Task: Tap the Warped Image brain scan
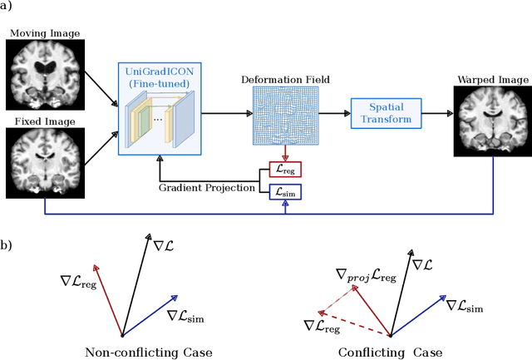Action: (x=491, y=121)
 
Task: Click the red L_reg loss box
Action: (x=286, y=170)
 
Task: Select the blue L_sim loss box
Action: (x=286, y=192)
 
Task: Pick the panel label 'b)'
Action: (x=11, y=245)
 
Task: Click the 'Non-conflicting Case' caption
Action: (x=149, y=352)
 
